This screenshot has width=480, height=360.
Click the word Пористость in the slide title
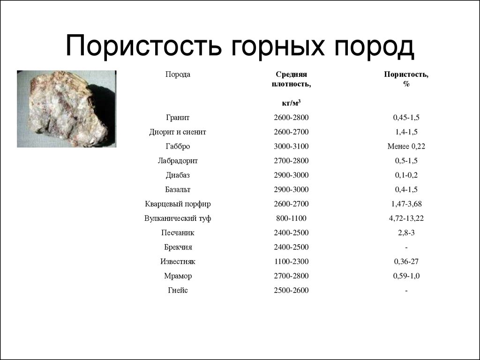143,46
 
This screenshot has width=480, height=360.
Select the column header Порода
178,75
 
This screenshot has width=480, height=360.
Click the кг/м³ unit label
291,103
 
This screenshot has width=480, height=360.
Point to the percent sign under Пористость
406,84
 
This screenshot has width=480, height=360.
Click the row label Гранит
178,118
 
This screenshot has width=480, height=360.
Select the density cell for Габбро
291,146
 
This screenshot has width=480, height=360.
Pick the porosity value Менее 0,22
406,146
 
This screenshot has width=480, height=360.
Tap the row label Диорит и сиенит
178,132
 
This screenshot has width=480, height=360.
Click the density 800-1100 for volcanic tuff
291,218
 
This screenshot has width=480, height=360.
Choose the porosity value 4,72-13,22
406,218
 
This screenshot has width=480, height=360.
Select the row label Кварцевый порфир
178,204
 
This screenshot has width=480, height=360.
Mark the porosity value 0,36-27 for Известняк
406,262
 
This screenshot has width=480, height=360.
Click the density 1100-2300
291,262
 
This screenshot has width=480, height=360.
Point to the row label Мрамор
178,276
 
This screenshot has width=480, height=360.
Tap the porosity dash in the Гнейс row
406,291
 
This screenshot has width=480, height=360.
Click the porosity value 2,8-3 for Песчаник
406,233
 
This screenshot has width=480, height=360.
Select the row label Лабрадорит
178,161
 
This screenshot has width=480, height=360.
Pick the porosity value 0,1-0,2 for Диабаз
406,175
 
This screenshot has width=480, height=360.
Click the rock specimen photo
67,109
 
